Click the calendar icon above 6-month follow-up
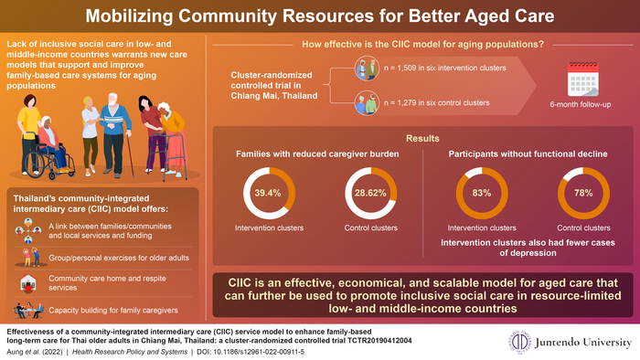tap(586, 79)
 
